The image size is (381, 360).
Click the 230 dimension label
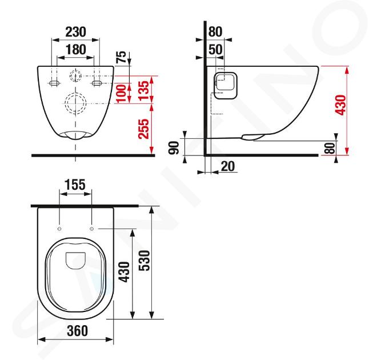(x=75, y=32)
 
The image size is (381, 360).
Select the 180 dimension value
(x=76, y=50)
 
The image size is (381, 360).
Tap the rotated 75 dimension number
(x=122, y=57)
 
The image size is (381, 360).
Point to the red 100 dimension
(x=121, y=93)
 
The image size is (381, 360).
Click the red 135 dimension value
(x=143, y=90)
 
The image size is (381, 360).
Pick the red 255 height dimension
(x=143, y=129)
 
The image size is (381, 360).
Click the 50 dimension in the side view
(x=215, y=50)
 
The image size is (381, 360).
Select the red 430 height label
(x=340, y=105)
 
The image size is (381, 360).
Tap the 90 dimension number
(x=174, y=148)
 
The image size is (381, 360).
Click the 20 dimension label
(x=228, y=166)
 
